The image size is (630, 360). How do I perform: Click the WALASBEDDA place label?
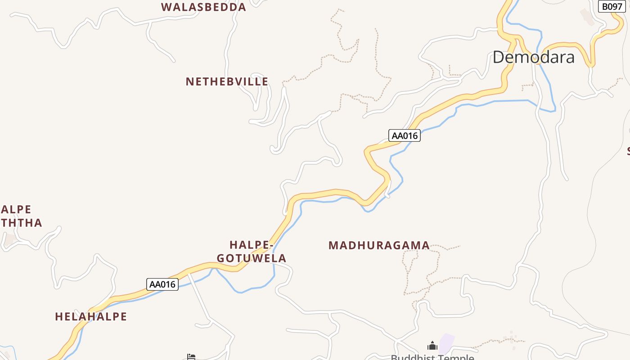tap(203, 7)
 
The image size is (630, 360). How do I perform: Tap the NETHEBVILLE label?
tap(227, 81)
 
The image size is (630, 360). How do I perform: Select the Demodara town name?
tap(533, 58)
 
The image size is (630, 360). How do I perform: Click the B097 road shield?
tap(612, 6)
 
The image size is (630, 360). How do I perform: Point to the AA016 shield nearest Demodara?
tap(404, 135)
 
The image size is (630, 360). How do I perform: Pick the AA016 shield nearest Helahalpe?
tap(162, 284)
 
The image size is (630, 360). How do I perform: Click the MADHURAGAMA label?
tap(379, 246)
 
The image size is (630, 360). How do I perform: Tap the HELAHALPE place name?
tap(91, 317)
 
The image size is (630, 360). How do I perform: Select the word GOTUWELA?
tap(252, 258)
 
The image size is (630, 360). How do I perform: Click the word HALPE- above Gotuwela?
tap(252, 245)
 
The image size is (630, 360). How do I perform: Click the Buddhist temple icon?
tap(432, 346)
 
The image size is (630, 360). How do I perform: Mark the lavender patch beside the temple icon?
tap(446, 344)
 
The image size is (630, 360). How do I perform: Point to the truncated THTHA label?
tap(21, 223)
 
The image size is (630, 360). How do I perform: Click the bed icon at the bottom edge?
tap(191, 357)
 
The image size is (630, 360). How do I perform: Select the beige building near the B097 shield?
tap(587, 17)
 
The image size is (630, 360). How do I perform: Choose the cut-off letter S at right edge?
tap(628, 151)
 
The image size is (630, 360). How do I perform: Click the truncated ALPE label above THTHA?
tap(16, 210)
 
